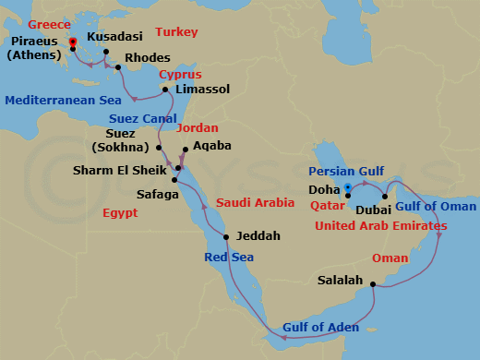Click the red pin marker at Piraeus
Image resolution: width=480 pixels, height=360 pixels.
point(73,41)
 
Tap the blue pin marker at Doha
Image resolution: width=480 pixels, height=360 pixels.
point(347,189)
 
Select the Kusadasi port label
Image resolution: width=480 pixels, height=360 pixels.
point(114,38)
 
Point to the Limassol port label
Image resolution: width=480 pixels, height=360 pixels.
point(202,90)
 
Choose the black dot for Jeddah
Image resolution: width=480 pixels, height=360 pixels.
point(258,236)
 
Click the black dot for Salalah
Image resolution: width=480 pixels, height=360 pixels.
point(373,284)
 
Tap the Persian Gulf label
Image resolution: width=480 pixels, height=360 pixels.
point(343,171)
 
